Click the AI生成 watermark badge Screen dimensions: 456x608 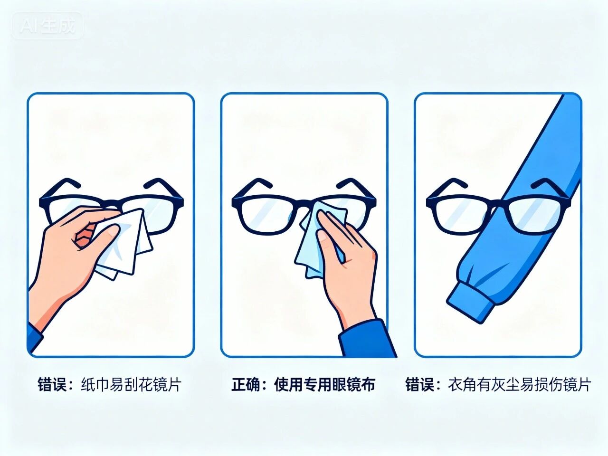[47, 25]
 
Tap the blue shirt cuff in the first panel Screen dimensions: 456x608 [34, 337]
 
